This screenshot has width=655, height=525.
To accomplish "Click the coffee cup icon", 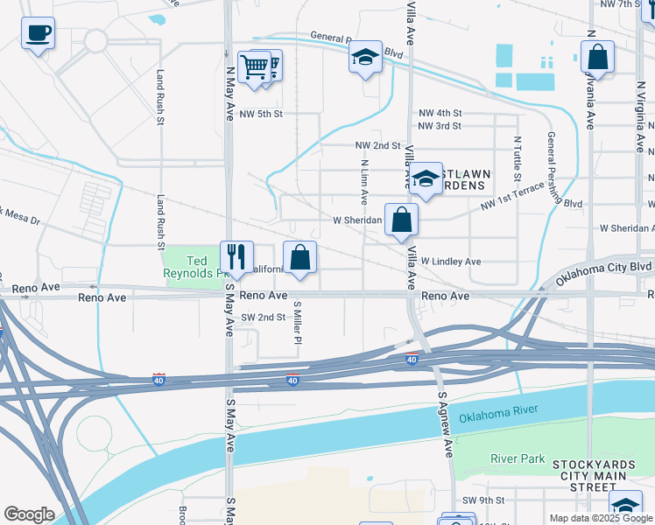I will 38,34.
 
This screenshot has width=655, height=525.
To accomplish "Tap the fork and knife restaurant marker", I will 236,256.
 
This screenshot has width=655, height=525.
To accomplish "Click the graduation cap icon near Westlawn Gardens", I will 426,179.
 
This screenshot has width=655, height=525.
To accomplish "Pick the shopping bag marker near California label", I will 299,257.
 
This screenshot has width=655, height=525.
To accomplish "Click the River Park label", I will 518,458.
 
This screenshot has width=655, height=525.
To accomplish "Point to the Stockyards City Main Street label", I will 605,473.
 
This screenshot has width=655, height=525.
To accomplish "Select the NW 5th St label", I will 261,114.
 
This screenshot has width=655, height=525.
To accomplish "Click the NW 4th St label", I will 440,114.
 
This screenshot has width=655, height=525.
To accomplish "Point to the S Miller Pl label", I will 298,322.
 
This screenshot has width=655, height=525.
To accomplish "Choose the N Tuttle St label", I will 518,157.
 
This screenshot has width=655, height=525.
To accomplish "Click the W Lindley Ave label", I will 451,262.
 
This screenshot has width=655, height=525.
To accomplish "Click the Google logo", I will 29,514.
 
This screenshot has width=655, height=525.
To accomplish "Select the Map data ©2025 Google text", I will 601,518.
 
